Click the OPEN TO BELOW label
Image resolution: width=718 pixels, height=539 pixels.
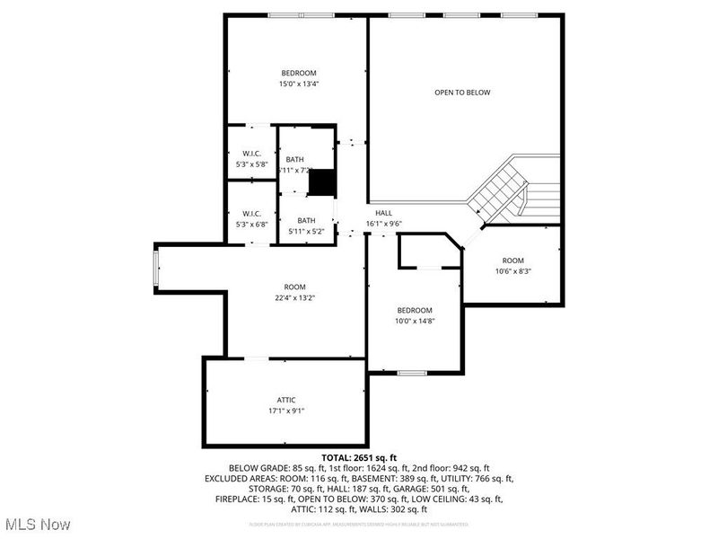462,93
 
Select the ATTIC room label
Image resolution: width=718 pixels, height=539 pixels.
285,400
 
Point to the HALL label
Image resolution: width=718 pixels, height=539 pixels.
383,213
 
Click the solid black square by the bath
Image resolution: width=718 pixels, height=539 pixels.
320,181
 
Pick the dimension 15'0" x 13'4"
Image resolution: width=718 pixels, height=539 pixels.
298,84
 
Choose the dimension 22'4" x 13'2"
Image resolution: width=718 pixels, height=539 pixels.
296,298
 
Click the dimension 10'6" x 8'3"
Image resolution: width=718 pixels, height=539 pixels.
512,271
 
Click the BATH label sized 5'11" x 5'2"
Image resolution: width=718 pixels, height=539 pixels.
307,220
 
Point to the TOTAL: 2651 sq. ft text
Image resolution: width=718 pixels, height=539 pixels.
359,457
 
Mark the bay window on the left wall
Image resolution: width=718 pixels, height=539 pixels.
156,271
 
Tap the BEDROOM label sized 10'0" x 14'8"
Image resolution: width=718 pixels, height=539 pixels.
415,310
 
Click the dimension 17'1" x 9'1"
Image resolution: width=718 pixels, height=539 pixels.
285,411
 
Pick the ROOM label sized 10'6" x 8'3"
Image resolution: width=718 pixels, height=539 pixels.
512,261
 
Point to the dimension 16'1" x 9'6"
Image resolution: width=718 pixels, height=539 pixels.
383,224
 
